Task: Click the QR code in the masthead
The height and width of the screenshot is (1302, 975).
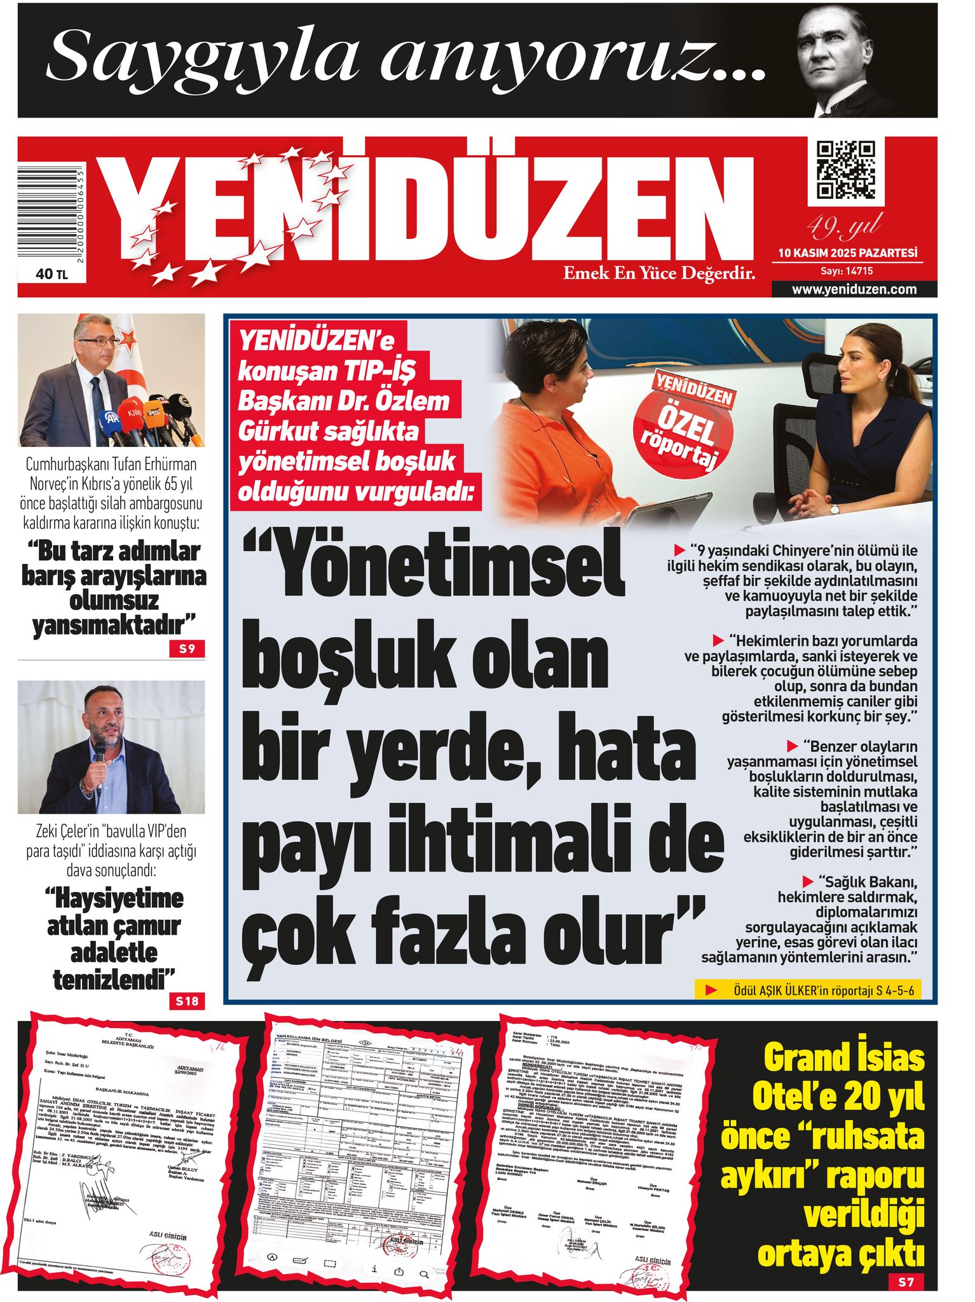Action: coord(845,170)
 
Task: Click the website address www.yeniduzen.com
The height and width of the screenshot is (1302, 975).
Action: coord(854,290)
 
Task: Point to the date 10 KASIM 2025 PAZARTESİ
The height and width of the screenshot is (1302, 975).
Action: coord(847,253)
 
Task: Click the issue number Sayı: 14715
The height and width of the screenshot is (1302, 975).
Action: coord(847,271)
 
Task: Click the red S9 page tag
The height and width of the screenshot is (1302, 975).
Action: coord(187,650)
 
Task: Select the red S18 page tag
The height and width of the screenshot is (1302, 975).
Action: coord(187,1002)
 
